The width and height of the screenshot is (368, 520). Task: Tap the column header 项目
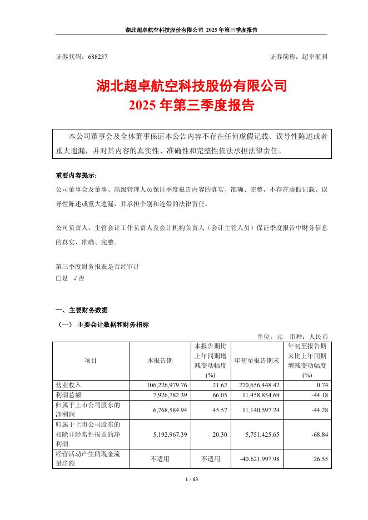91,361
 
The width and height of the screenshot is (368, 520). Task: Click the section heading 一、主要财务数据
82,310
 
